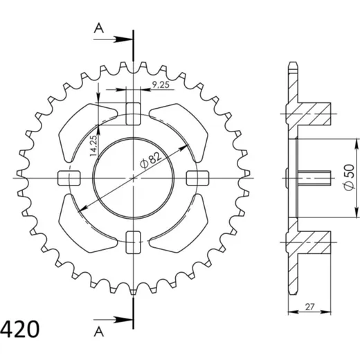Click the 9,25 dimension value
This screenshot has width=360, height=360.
click(161, 84)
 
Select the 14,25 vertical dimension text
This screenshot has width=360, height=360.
click(94, 145)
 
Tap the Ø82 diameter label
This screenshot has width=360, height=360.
click(151, 161)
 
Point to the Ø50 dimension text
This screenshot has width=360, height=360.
click(350, 177)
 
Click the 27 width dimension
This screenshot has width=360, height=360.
click(310, 307)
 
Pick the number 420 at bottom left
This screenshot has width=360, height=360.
click(19, 329)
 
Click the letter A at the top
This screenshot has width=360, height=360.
click(99, 28)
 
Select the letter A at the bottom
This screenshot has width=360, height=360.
click(99, 332)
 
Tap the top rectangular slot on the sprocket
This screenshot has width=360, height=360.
click(133, 114)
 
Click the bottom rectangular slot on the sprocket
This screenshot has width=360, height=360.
click(133, 242)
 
